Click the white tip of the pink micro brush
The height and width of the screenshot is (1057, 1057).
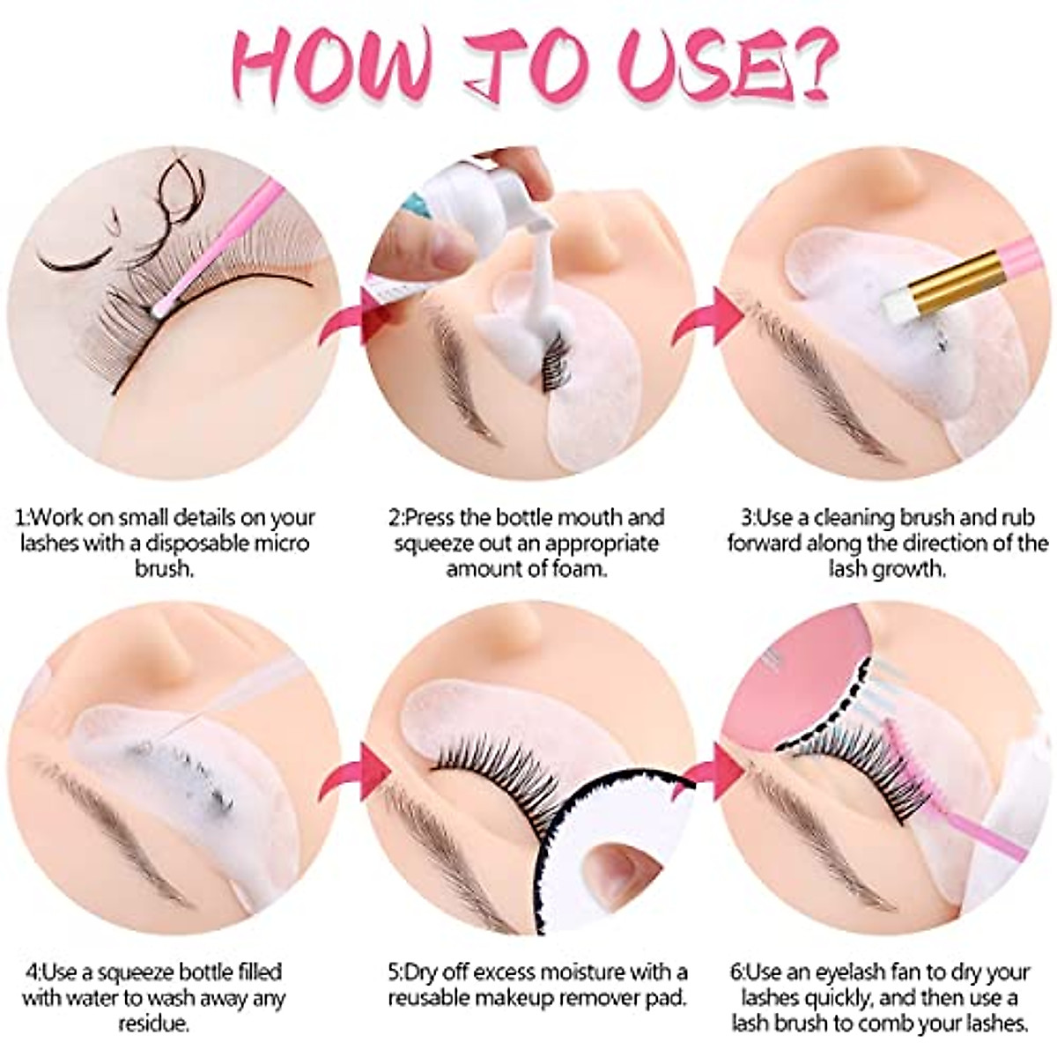159,309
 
